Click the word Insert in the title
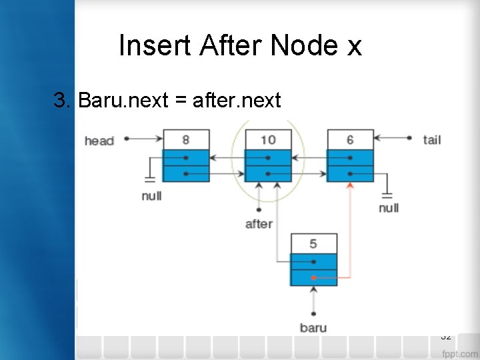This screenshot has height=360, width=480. pyautogui.click(x=155, y=45)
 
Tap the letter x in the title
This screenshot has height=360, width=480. pyautogui.click(x=353, y=46)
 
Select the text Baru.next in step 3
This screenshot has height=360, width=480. pyautogui.click(x=123, y=101)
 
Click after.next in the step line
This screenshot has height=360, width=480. pyautogui.click(x=237, y=101)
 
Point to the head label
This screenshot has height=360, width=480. pyautogui.click(x=99, y=141)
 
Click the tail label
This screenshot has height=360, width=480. pyautogui.click(x=432, y=139)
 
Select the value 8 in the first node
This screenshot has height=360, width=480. pyautogui.click(x=185, y=140)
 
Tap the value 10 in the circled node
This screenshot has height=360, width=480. pyautogui.click(x=267, y=140)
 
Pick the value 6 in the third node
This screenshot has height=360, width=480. pyautogui.click(x=350, y=140)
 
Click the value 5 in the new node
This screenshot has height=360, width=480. pyautogui.click(x=313, y=244)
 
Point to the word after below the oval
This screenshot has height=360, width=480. pyautogui.click(x=259, y=223)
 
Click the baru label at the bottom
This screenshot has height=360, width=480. pyautogui.click(x=313, y=327)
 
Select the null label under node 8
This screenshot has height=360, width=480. pyautogui.click(x=151, y=196)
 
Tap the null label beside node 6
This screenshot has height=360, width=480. pyautogui.click(x=389, y=208)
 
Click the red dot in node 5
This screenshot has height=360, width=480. pyautogui.click(x=313, y=277)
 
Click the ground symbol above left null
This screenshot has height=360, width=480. pyautogui.click(x=151, y=178)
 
